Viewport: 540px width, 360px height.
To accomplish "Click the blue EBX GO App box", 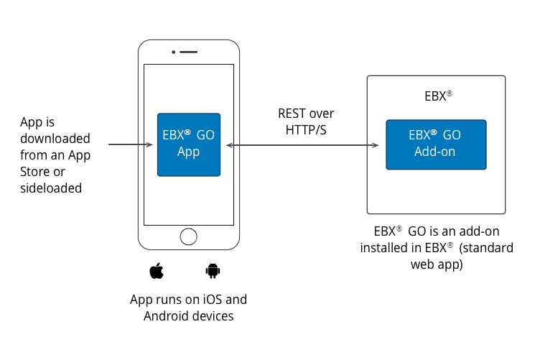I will tap(189, 144).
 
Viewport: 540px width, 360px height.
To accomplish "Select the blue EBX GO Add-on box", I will tap(436, 144).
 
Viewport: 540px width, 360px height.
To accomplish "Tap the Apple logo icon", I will tap(157, 271).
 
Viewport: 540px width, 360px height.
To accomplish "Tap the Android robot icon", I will tap(212, 271).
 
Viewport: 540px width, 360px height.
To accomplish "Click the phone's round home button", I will tap(188, 236).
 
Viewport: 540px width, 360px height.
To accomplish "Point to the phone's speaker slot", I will tap(189, 52).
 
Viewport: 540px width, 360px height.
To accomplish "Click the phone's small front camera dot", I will tap(174, 52).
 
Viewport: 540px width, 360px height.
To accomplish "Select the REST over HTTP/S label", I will tap(306, 121).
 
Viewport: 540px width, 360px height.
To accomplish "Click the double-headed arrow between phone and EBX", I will tap(302, 145).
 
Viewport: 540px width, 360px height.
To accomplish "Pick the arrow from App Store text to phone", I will tap(129, 145).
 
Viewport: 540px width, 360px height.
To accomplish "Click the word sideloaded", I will tap(51, 188).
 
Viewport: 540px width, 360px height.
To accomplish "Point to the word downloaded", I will tap(55, 138).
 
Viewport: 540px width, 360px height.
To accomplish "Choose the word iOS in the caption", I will tap(212, 300).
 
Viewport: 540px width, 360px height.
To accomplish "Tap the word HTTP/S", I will tap(307, 130).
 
